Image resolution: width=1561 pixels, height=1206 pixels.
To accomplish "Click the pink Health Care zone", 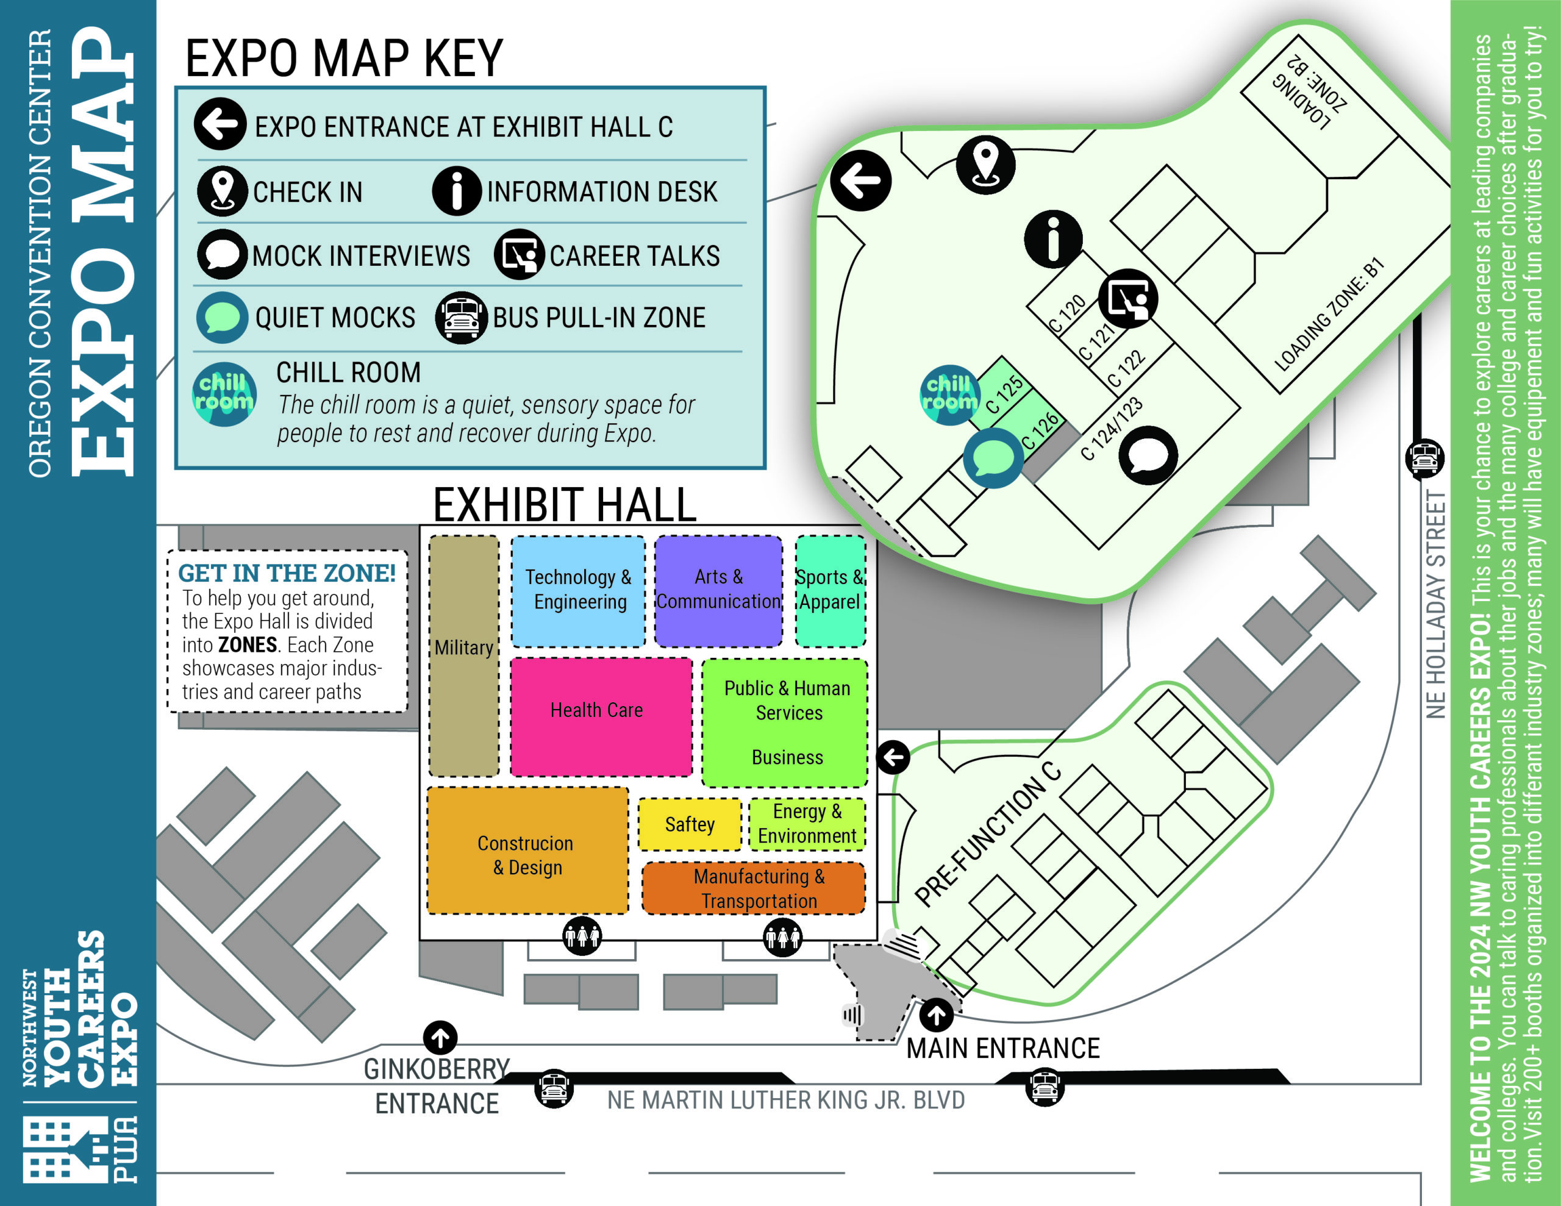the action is (x=601, y=716).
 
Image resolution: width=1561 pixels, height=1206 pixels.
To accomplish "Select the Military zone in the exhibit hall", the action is (x=464, y=655).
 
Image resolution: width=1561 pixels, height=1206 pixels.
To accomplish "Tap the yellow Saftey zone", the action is (x=690, y=824).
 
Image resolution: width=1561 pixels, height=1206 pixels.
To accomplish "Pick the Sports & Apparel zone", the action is (x=831, y=590).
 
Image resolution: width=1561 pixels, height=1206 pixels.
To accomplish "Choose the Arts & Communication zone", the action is (x=718, y=590).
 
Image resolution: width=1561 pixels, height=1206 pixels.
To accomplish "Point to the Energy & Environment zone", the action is (x=807, y=824).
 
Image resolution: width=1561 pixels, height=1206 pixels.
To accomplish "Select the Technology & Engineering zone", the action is (x=578, y=590).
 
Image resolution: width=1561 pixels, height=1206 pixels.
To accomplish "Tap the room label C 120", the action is (x=1066, y=314).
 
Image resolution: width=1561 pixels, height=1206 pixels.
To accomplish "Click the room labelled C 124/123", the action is (x=1112, y=428).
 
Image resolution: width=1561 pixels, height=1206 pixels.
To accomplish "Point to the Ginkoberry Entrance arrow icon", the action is (x=440, y=1037).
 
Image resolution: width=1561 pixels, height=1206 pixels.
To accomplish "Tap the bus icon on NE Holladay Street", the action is (x=1424, y=458).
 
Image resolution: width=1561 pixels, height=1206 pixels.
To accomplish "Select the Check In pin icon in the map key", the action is (x=223, y=191).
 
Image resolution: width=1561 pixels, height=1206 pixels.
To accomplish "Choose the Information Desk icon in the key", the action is (x=457, y=191).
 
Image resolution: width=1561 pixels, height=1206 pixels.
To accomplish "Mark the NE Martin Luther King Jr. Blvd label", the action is (x=786, y=1100).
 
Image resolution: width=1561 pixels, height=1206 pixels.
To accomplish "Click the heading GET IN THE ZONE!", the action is (x=287, y=573).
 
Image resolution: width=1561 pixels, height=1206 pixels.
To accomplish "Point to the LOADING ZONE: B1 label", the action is (x=1329, y=315).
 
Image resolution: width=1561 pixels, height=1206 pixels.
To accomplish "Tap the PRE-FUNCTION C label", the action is (x=988, y=833).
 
